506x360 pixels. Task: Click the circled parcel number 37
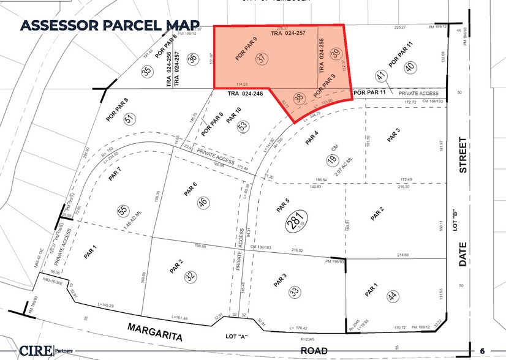263,59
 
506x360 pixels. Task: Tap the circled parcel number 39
336,54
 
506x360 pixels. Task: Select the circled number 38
299,97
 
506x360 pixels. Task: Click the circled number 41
380,77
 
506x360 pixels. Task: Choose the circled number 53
244,127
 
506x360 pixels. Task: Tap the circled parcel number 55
122,211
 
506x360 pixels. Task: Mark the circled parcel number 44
391,296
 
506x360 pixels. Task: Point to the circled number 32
191,276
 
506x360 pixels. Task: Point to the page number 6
483,350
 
